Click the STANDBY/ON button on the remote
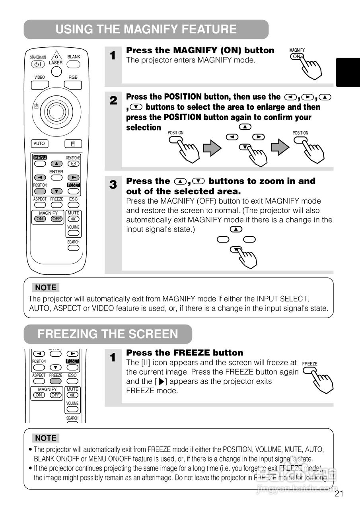(x=38, y=64)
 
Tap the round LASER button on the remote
(x=56, y=71)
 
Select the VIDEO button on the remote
(x=40, y=85)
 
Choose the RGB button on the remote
(x=73, y=85)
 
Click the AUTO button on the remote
(x=39, y=144)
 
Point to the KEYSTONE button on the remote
(x=73, y=163)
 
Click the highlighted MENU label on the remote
(x=40, y=157)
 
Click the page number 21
(x=339, y=494)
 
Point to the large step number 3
(x=113, y=185)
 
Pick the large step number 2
(x=113, y=101)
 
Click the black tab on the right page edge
(x=348, y=72)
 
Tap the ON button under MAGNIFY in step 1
(x=296, y=56)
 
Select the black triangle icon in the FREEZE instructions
(x=161, y=382)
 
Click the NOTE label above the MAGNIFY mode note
(x=45, y=288)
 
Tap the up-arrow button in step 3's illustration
(x=236, y=229)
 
